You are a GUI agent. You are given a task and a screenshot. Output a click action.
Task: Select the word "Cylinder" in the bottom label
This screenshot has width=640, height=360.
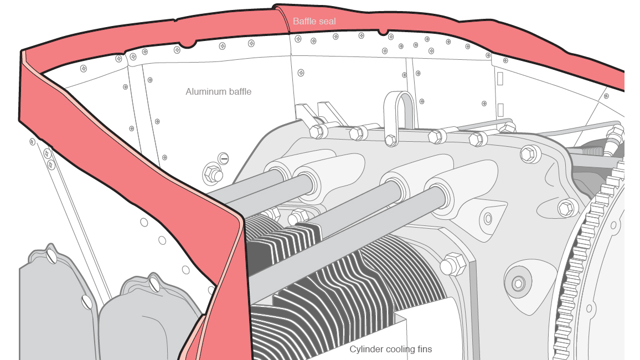click(365, 349)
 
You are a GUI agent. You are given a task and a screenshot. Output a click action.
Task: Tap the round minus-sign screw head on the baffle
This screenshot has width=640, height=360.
click(223, 159)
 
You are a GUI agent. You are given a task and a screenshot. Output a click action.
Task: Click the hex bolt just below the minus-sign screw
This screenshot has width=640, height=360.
click(212, 174)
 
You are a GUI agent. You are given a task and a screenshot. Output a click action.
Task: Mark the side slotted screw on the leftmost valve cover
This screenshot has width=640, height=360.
click(86, 302)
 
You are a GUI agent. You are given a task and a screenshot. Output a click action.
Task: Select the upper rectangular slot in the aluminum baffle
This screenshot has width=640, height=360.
click(500, 78)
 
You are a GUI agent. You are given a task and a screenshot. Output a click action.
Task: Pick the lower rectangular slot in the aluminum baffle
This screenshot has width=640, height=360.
click(500, 109)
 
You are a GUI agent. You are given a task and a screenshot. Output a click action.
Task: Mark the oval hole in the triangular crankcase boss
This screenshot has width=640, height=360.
click(488, 218)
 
